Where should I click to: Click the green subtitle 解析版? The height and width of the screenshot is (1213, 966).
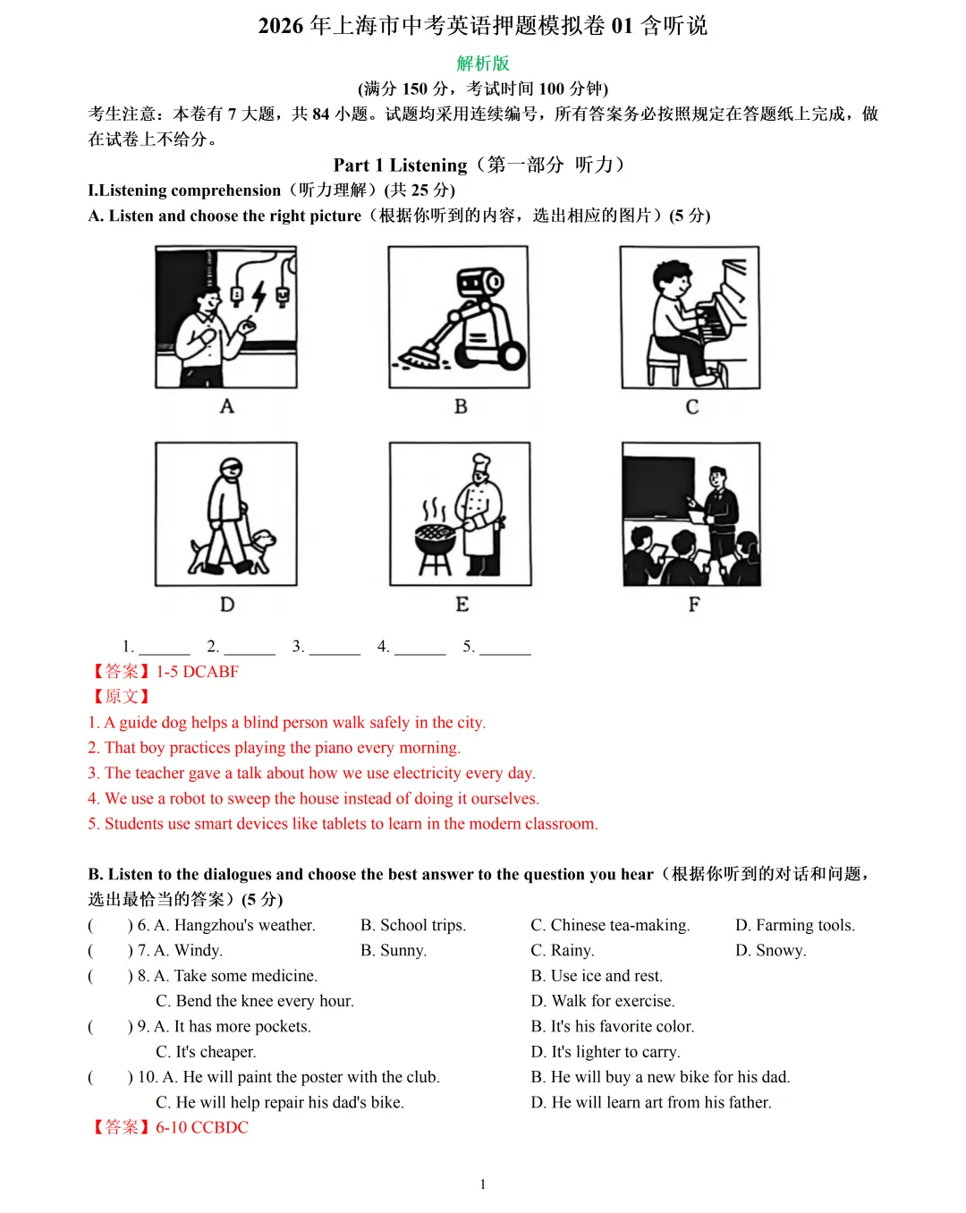tap(482, 64)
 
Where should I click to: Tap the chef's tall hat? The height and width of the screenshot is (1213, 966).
tap(481, 463)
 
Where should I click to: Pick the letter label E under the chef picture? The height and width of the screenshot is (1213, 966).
tap(462, 604)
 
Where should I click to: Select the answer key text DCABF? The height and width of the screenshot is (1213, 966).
tap(211, 671)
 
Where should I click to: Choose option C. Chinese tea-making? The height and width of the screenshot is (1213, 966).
tap(610, 925)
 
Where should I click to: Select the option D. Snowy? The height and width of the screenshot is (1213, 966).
tap(770, 950)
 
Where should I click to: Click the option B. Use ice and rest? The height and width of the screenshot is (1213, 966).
tap(597, 976)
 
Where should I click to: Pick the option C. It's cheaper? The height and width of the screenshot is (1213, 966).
tap(206, 1052)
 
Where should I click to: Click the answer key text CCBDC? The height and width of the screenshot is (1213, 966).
tap(220, 1127)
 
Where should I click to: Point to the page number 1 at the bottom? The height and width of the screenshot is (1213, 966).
tap(483, 1184)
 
